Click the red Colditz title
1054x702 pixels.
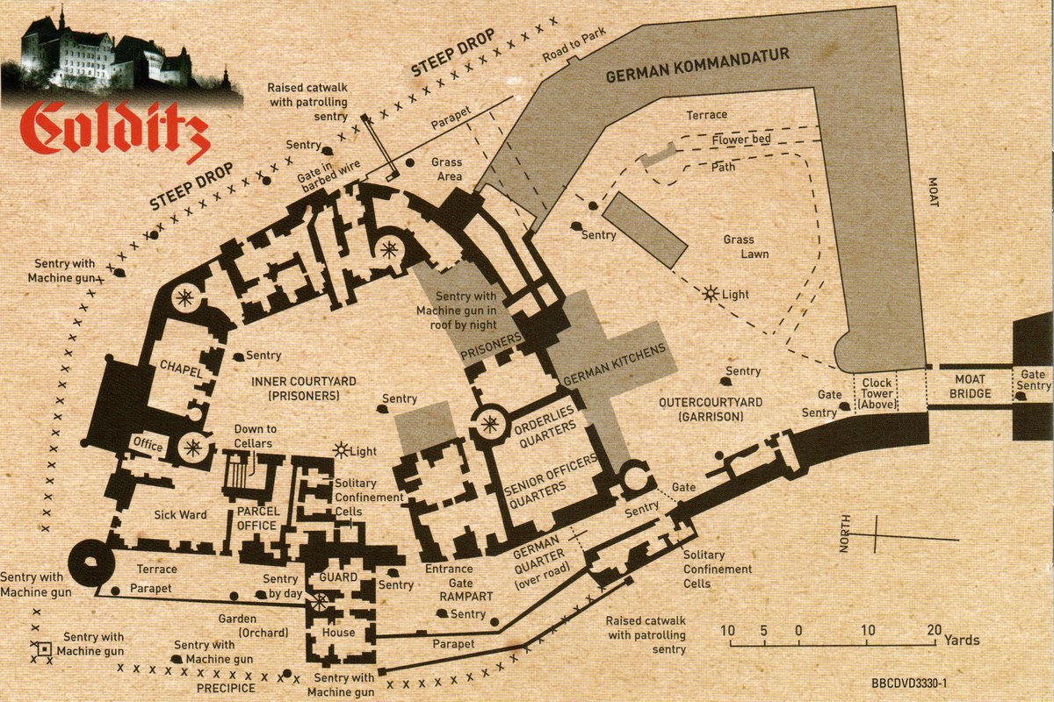[114, 130]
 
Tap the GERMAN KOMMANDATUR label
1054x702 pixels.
[697, 66]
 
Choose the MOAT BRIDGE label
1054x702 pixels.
[970, 386]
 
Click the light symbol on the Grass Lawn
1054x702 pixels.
[710, 293]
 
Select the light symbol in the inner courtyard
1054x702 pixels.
[341, 451]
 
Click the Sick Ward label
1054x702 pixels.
[179, 514]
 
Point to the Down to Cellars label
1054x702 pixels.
[255, 435]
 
